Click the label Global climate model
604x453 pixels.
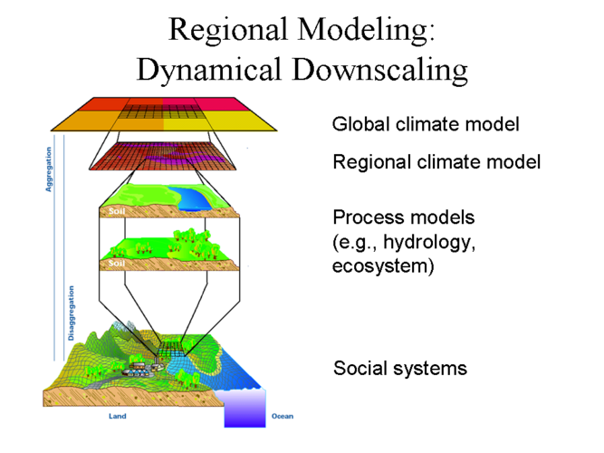coord(425,123)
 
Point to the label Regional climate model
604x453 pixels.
coord(436,163)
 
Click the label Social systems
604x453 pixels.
coord(400,369)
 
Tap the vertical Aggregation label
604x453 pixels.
coord(49,170)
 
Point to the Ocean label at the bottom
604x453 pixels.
coord(282,418)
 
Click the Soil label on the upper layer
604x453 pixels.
coord(116,211)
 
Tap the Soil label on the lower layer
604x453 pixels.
coord(116,263)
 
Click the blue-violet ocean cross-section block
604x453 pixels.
coord(244,408)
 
